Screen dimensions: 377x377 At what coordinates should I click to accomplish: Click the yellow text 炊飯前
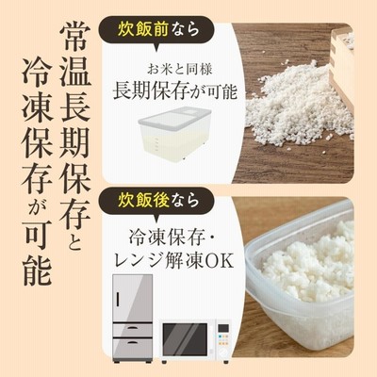143,30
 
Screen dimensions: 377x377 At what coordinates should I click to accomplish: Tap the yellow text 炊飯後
143,200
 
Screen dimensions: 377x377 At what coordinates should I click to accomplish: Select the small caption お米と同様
180,70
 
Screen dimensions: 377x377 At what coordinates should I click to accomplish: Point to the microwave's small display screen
223,328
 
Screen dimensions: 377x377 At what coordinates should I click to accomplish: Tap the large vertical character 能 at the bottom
38,269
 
